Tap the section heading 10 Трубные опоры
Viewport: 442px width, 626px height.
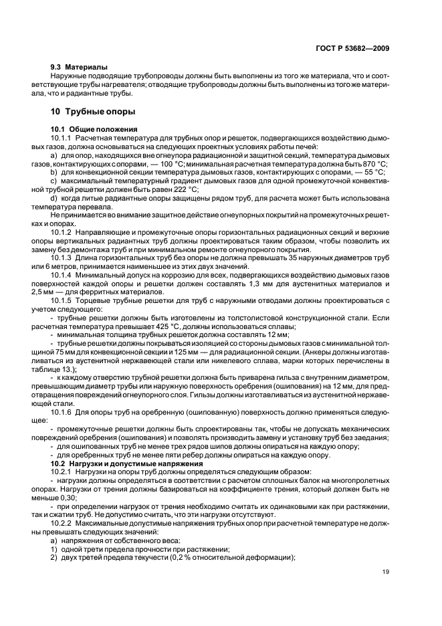pyautogui.click(x=93, y=111)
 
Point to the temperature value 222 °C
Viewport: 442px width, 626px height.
pyautogui.click(x=188, y=189)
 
